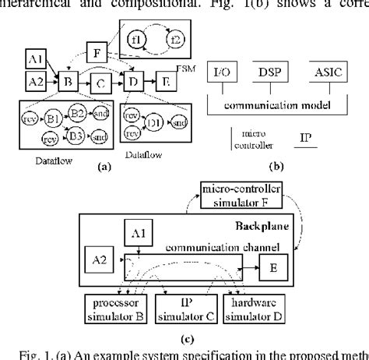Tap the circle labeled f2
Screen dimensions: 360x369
[174, 38]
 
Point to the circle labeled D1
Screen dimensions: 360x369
[153, 123]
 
